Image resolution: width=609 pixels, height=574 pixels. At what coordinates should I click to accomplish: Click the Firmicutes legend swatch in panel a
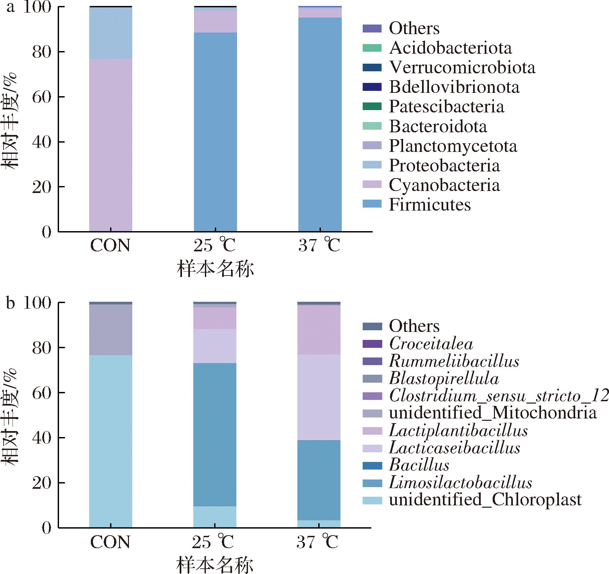pyautogui.click(x=372, y=204)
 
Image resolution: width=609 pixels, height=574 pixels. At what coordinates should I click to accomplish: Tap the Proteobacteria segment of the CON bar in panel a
pyautogui.click(x=111, y=33)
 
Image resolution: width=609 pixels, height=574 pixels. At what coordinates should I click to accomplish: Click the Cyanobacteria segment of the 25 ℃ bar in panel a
pyautogui.click(x=215, y=22)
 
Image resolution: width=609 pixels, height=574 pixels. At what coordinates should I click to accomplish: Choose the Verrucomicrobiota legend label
pyautogui.click(x=462, y=67)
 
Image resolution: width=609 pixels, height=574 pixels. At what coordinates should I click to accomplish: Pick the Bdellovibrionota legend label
pyautogui.click(x=454, y=87)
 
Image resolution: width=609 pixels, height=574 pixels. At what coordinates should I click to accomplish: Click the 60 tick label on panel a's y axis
pyautogui.click(x=42, y=97)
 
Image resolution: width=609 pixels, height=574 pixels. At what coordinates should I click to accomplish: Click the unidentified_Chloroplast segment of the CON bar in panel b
pyautogui.click(x=111, y=441)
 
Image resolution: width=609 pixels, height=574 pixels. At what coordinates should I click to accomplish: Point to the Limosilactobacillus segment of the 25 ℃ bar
pyautogui.click(x=215, y=434)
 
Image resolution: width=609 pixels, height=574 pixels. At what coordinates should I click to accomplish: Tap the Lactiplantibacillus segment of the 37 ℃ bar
pyautogui.click(x=319, y=330)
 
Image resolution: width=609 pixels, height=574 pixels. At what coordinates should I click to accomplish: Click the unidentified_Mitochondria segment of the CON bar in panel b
pyautogui.click(x=111, y=330)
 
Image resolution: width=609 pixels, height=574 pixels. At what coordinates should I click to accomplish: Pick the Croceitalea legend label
pyautogui.click(x=431, y=344)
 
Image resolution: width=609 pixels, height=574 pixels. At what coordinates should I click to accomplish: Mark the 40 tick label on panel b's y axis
pyautogui.click(x=42, y=437)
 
